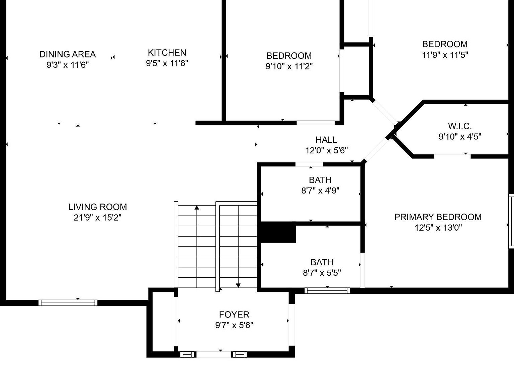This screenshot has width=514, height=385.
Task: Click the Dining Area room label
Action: [68, 54]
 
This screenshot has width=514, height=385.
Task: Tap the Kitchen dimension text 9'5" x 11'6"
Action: [167, 63]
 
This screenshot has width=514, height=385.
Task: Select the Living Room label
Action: [97, 207]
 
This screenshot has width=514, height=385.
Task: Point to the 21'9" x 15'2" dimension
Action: [97, 218]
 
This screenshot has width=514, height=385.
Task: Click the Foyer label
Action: [234, 314]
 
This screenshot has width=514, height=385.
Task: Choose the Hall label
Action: [326, 140]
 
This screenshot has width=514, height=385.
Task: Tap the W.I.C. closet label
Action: [460, 126]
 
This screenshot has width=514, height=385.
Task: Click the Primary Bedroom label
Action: [438, 217]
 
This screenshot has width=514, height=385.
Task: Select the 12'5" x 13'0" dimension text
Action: [438, 228]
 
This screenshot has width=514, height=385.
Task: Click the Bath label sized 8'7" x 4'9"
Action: [320, 180]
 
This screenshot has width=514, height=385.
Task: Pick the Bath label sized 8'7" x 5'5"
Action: [322, 262]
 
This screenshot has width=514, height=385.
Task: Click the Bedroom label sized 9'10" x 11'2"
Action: [289, 55]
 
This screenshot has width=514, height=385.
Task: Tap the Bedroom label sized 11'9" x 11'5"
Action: [445, 44]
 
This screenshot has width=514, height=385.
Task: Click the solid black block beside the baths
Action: [278, 233]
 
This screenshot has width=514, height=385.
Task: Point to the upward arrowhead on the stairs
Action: [197, 208]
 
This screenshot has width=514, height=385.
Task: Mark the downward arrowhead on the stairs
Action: [238, 285]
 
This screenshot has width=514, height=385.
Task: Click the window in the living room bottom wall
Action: [68, 303]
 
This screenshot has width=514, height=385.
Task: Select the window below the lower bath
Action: [327, 291]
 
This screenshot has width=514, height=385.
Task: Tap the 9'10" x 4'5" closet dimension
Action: [460, 137]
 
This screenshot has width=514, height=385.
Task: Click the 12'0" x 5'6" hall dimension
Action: [326, 150]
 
